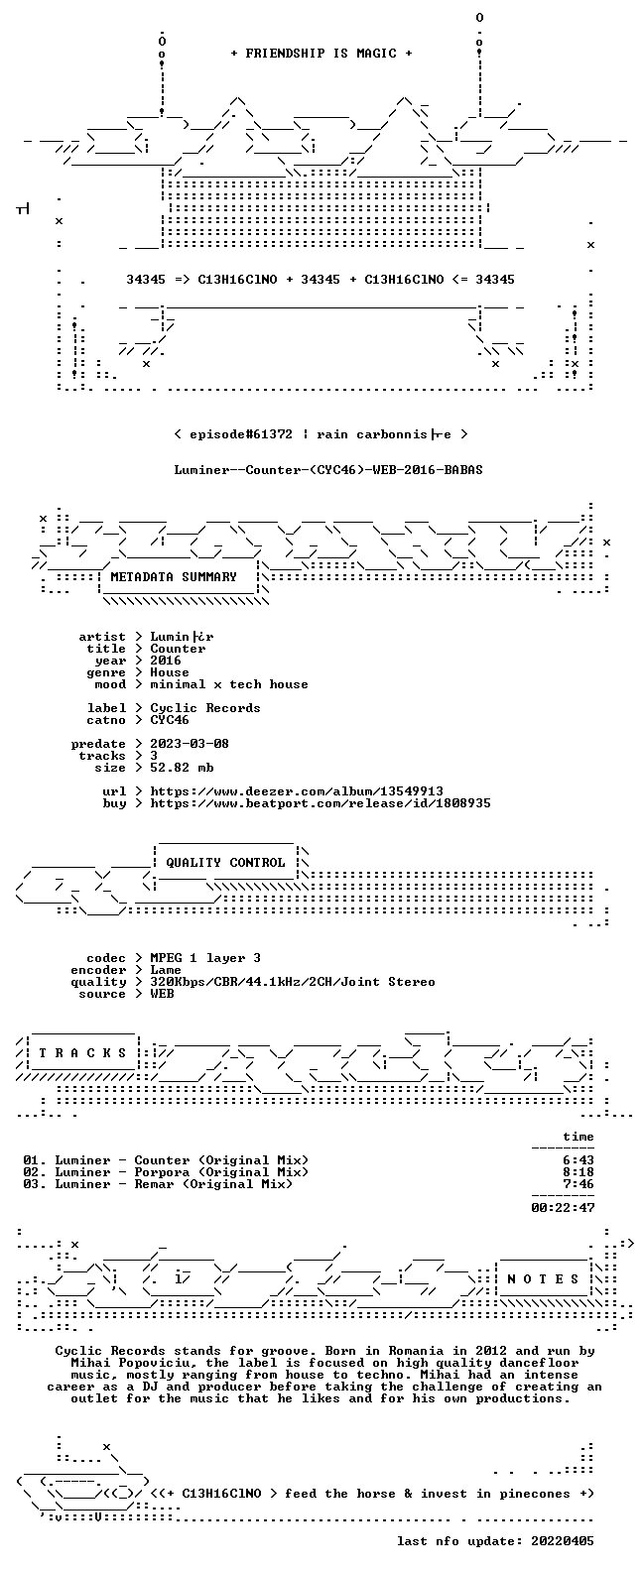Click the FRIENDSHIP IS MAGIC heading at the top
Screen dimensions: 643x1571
click(x=321, y=54)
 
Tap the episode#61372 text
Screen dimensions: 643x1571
click(x=241, y=434)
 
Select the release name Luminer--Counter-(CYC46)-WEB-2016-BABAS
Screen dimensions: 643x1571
click(x=328, y=470)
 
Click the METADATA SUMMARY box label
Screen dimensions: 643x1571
click(x=174, y=577)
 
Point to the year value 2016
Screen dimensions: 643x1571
click(x=166, y=661)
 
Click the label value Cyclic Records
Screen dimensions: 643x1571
click(x=205, y=708)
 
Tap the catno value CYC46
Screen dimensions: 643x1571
click(x=169, y=720)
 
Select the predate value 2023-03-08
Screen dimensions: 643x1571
click(x=190, y=744)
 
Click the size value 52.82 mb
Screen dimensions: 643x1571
click(x=182, y=768)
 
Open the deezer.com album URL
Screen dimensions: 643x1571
click(x=297, y=791)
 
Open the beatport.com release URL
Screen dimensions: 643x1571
click(x=321, y=803)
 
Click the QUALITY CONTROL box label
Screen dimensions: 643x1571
click(x=225, y=863)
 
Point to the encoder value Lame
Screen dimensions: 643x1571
click(x=166, y=970)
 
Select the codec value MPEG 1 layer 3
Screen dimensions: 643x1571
click(x=205, y=958)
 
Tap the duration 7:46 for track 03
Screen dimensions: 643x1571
click(x=578, y=1184)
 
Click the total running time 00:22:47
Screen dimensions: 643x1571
click(x=563, y=1208)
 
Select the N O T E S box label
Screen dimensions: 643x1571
click(x=543, y=1279)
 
